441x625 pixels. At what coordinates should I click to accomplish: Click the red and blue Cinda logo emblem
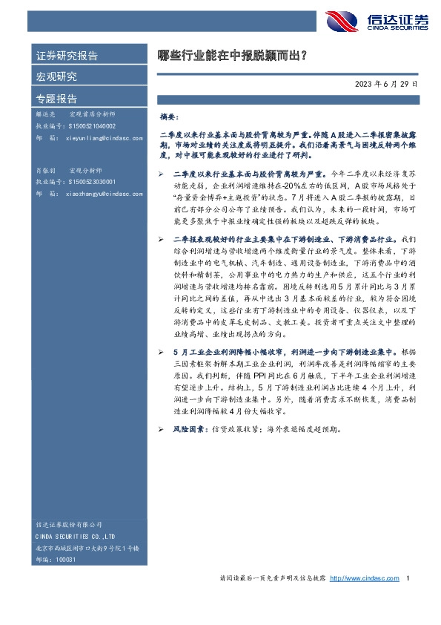coord(343,22)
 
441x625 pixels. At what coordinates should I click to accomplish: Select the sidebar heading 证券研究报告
coord(67,56)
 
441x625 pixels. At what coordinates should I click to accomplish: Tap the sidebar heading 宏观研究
coord(56,76)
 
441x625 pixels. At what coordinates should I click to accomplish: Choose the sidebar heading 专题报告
coord(56,98)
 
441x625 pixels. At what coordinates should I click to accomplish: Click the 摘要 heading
coord(170,117)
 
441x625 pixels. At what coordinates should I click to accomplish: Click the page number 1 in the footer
coord(408,578)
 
